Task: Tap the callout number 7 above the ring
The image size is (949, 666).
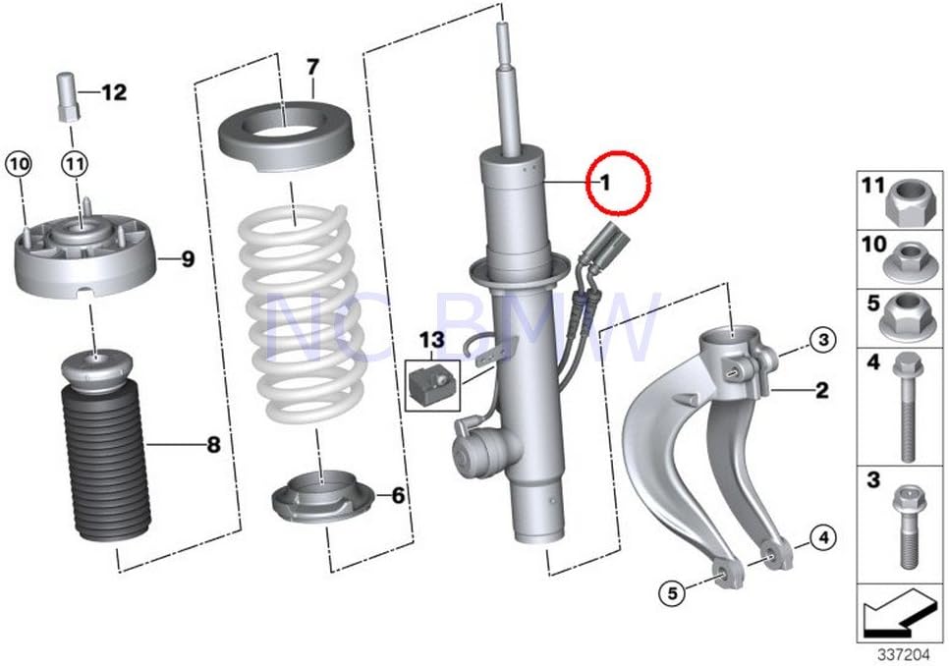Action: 312,68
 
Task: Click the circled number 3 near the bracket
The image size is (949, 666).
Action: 822,340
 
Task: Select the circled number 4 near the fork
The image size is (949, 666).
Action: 823,536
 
